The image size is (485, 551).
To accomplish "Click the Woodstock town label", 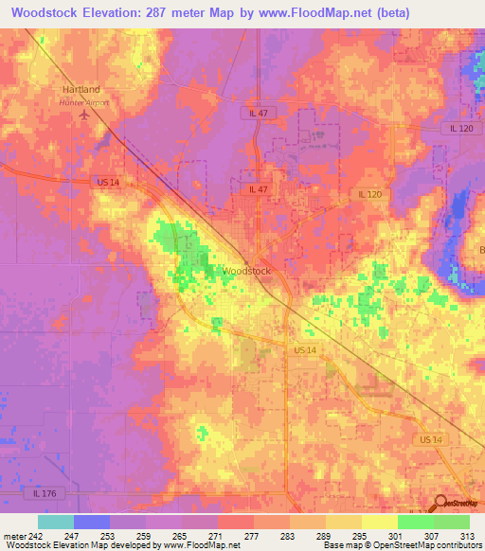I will point(247,271).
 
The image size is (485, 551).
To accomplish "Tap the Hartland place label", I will point(81,90).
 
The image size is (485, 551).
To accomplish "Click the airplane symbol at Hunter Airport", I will point(84,115).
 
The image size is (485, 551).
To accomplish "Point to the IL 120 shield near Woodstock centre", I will point(369,194).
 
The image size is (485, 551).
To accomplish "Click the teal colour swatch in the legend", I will point(56,522).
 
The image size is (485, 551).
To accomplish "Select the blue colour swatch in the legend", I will point(92,522).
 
